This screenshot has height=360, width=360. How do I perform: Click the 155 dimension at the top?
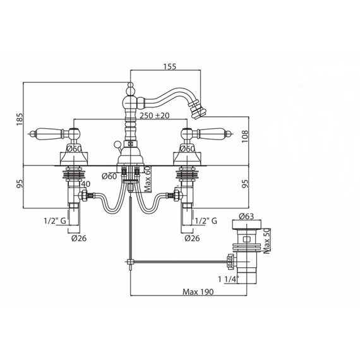coord(170,66)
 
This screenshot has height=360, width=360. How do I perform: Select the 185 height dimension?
coord(20,119)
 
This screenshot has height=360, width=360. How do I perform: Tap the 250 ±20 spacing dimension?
coord(155,115)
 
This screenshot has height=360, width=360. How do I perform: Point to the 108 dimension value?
coord(245,136)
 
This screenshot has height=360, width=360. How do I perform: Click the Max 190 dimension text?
coord(198,292)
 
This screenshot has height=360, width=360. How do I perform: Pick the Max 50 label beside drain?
coord(267,241)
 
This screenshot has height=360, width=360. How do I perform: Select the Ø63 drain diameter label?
coord(246,216)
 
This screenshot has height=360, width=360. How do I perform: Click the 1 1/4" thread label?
coord(229,279)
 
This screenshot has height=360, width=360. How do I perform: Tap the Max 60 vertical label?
coord(148,179)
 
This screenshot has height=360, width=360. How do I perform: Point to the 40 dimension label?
coord(86,184)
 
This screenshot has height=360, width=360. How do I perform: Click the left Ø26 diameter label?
coord(79,238)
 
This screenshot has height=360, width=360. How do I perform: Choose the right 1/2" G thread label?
coord(206,221)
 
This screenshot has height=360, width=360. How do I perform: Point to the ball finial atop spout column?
coord(130,85)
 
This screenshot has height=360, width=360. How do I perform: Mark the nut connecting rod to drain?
coord(230,261)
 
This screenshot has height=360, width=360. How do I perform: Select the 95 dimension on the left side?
coord(20,184)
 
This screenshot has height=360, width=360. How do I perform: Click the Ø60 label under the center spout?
coord(109,176)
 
